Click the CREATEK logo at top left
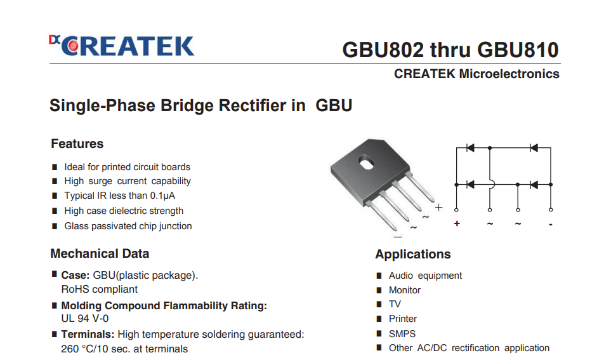click(121, 46)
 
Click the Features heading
click(77, 144)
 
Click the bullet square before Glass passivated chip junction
click(55, 226)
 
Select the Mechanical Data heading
click(100, 254)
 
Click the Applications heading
click(412, 255)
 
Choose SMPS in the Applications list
click(402, 333)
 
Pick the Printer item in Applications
click(403, 319)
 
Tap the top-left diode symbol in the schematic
click(471, 148)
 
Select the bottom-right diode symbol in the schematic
click(534, 185)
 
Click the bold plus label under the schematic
click(457, 224)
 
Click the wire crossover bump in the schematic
click(492, 185)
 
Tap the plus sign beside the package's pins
click(438, 207)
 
